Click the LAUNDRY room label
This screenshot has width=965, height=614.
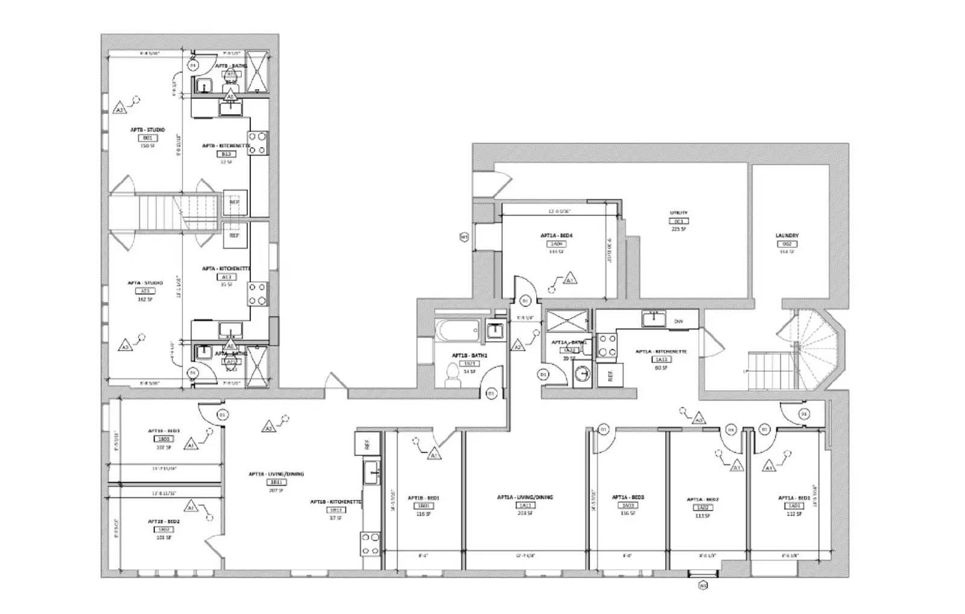pyautogui.click(x=787, y=236)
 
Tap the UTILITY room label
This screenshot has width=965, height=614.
pyautogui.click(x=679, y=213)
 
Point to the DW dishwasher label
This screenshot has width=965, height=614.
pyautogui.click(x=679, y=321)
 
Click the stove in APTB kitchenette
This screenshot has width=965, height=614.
pyautogui.click(x=258, y=143)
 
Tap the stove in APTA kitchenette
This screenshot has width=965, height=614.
pyautogui.click(x=258, y=294)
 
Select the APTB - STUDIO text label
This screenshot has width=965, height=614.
pyautogui.click(x=148, y=130)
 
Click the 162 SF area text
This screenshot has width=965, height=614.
pyautogui.click(x=145, y=299)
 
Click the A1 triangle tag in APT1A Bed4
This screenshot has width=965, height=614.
pyautogui.click(x=569, y=279)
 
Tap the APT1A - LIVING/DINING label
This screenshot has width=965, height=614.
pyautogui.click(x=525, y=498)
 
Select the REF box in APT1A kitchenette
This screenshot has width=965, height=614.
pyautogui.click(x=610, y=375)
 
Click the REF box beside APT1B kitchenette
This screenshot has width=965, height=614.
pyautogui.click(x=366, y=445)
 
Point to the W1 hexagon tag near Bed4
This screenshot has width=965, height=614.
pyautogui.click(x=464, y=237)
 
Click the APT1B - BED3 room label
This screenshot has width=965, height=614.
pyautogui.click(x=164, y=431)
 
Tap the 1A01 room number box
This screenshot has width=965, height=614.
pyautogui.click(x=794, y=507)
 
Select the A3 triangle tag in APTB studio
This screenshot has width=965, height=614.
pyautogui.click(x=120, y=109)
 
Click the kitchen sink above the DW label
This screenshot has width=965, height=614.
pyautogui.click(x=653, y=318)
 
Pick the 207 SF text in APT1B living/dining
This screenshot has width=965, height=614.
pyautogui.click(x=277, y=490)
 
